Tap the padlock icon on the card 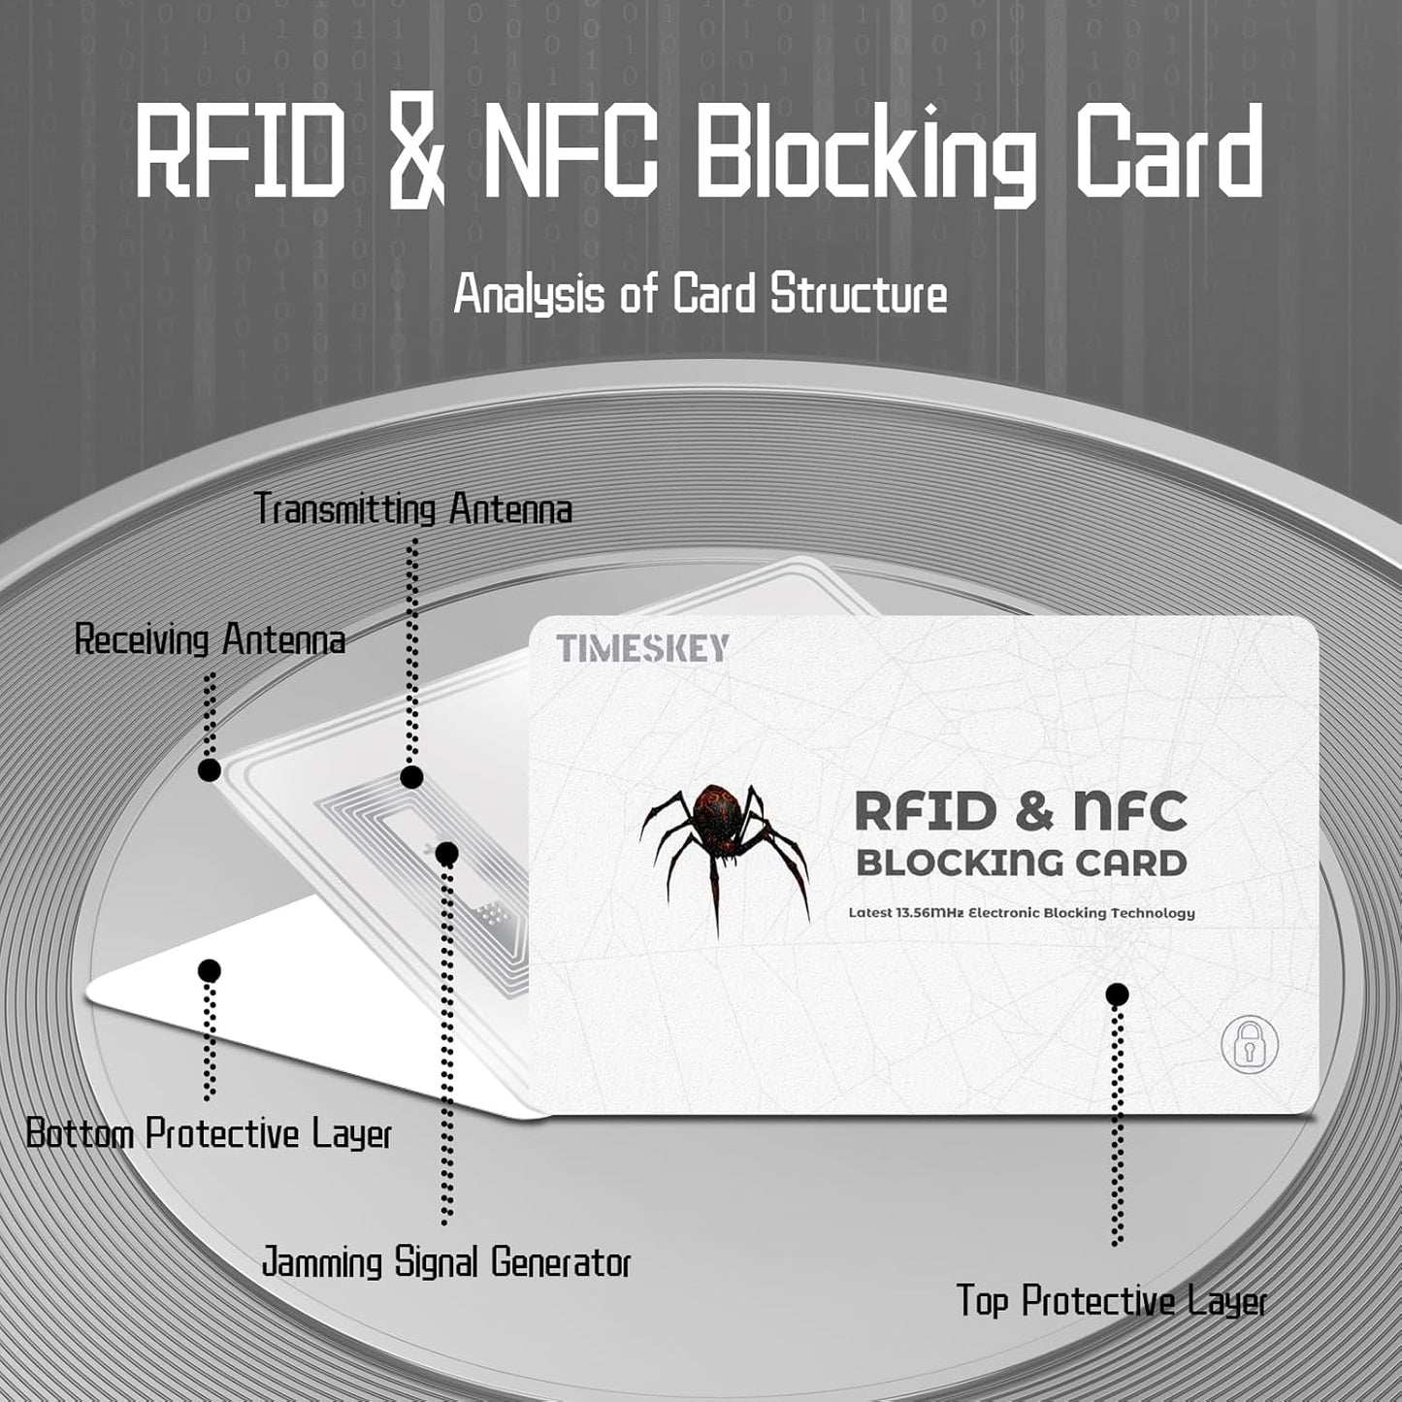click(1250, 1045)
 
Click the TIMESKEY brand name click(642, 648)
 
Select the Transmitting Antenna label click(413, 509)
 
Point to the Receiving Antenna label click(210, 640)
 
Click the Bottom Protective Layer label click(209, 1133)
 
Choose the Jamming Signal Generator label click(446, 1263)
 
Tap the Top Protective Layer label click(1112, 1301)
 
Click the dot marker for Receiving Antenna click(209, 770)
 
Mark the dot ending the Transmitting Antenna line click(411, 776)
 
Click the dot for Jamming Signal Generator click(446, 854)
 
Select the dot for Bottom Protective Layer click(209, 970)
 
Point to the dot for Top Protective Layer click(1117, 994)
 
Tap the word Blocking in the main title click(866, 155)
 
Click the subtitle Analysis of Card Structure click(701, 294)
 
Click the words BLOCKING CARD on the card click(1022, 863)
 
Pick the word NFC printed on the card click(1130, 811)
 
